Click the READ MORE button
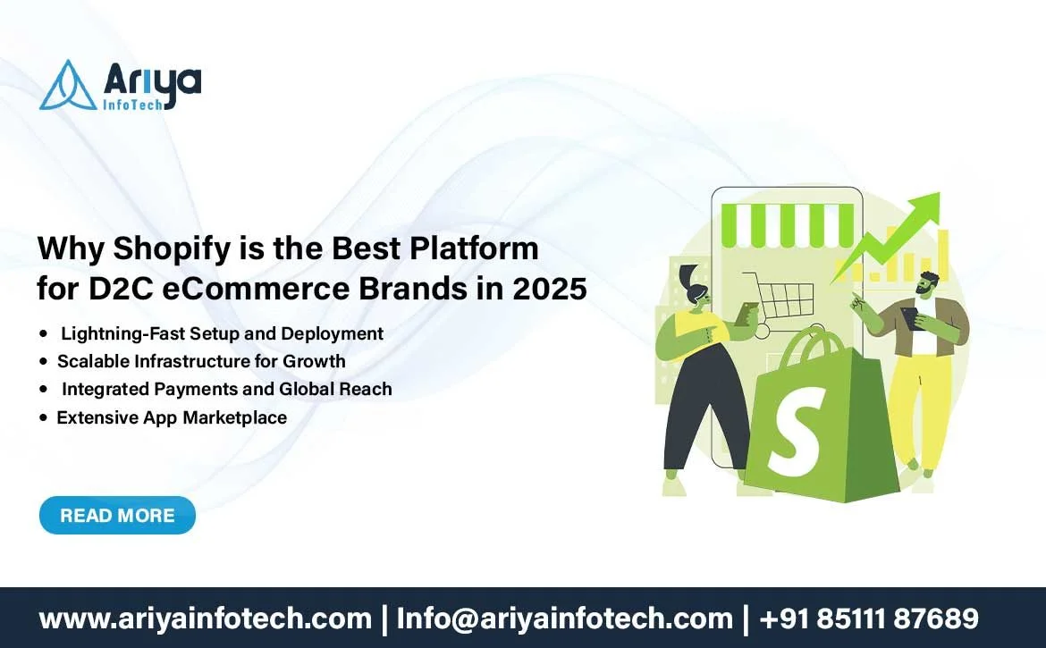117,516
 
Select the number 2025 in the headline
550,289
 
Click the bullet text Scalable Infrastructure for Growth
201,361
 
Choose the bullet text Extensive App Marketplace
172,417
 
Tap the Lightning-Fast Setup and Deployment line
222,333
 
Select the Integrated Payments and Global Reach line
227,389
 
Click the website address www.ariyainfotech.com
206,619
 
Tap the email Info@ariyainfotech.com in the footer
564,619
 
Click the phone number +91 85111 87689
869,618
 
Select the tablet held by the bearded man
910,316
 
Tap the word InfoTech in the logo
132,104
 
